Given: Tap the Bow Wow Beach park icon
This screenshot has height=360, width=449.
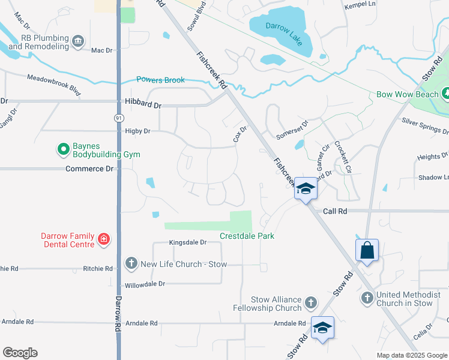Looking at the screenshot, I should click(x=445, y=94).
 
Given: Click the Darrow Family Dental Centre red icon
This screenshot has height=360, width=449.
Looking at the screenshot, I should click(x=104, y=239).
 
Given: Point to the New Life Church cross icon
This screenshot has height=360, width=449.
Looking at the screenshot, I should click(x=131, y=263).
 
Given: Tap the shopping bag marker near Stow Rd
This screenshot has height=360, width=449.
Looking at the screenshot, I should click(x=367, y=250).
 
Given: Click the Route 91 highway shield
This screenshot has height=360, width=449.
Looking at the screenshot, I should click(x=118, y=119).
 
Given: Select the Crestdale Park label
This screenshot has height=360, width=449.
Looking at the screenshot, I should click(x=247, y=236).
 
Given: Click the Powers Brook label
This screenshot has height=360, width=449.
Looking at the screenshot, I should click(x=160, y=80).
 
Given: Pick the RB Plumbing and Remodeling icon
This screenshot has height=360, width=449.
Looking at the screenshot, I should click(x=77, y=41).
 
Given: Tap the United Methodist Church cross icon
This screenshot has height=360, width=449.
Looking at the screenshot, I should click(x=367, y=298).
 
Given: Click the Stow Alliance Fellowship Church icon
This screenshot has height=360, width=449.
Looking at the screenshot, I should click(x=310, y=303).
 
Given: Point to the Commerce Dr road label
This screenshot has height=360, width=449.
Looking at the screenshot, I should click(x=89, y=169).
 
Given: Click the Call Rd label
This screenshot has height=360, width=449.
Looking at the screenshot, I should click(x=336, y=211).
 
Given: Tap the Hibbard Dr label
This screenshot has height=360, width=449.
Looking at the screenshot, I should click(x=143, y=105).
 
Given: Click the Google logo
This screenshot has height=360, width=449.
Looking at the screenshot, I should click(x=20, y=353).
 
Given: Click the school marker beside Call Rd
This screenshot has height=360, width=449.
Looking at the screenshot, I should click(x=306, y=190).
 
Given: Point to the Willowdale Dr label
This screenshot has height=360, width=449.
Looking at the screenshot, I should click(x=144, y=284).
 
